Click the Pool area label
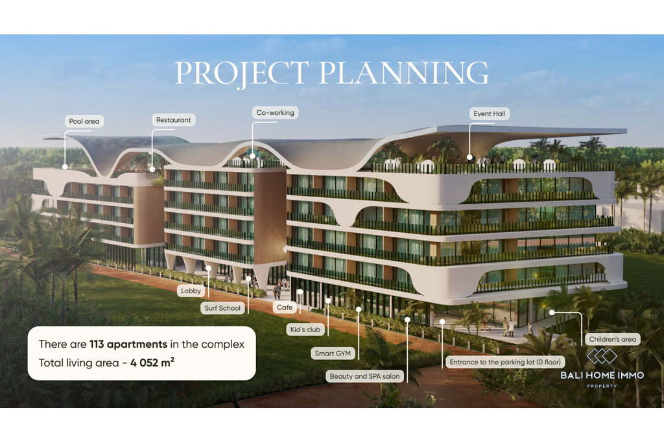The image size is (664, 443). point(84,121)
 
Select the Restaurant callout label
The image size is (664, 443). point(173,120)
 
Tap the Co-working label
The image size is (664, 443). point(275,113)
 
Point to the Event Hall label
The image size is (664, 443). point(489,114)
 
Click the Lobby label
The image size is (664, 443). point(191,291)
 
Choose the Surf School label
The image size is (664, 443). point(222,308)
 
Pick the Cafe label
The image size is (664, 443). point(285,307)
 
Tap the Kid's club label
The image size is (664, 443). point(305,329)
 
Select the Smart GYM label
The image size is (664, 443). point(333,353)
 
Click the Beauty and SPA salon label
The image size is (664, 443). point(364,376)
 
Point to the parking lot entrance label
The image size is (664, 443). point(505,362)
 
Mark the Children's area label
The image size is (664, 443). point(612,339)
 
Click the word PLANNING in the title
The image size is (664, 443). point(403,73)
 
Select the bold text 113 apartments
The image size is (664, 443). point(128,344)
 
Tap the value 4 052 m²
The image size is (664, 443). point(152,363)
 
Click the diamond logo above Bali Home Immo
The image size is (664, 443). point(602,356)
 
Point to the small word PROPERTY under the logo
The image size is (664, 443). point(602,387)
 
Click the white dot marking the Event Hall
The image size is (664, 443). point(469,158)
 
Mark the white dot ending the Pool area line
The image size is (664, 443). point(65,167)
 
